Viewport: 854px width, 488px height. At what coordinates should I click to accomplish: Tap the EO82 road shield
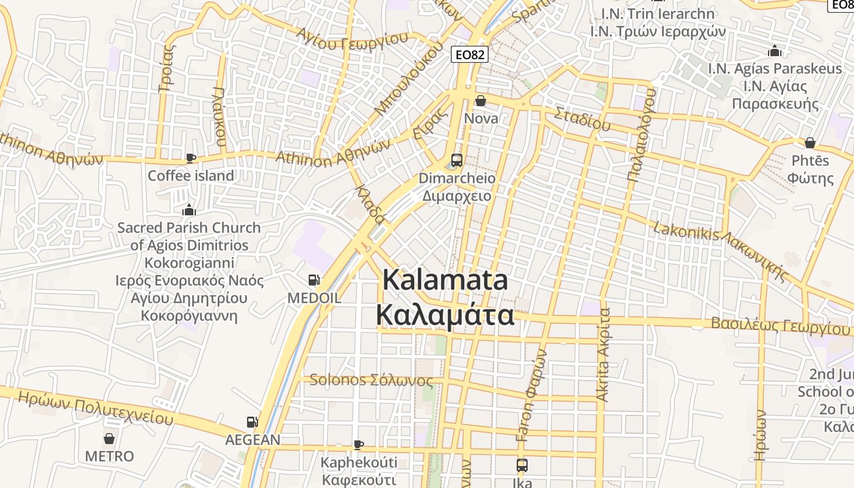pos(470,55)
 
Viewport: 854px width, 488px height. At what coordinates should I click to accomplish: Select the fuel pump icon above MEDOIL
pos(314,280)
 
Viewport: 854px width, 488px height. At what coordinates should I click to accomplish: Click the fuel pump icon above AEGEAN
pos(252,422)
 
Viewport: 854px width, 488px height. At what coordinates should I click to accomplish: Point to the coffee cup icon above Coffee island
pos(191,158)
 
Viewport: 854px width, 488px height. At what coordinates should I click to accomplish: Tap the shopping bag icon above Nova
pos(481,101)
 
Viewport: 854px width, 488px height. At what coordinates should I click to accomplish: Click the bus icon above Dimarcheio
pos(456,161)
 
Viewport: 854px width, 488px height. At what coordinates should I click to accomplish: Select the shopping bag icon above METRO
pos(109,439)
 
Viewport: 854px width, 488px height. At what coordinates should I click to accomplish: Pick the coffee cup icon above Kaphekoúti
pos(359,445)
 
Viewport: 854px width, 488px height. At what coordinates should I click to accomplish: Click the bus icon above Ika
pos(522,465)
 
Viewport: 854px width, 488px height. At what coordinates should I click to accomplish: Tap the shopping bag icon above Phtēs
pos(810,143)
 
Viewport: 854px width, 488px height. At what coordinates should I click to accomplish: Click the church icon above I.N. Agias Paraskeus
pos(775,51)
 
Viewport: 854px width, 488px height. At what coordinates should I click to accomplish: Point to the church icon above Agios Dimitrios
pos(190,210)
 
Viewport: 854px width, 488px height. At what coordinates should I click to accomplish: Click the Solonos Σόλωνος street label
pos(371,381)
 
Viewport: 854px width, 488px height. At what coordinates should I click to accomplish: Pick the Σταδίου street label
pos(583,118)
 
